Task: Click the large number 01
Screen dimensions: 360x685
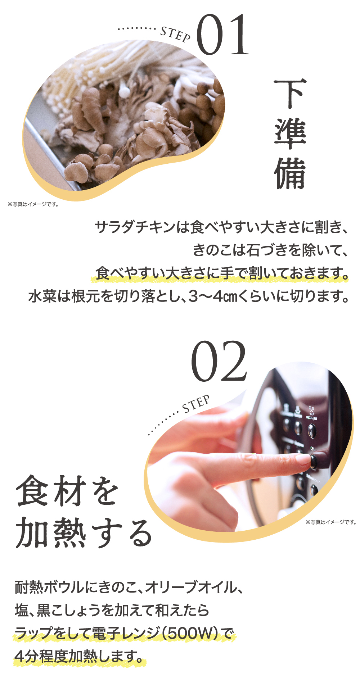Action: pos(223,35)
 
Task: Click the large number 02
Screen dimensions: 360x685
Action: pos(219,361)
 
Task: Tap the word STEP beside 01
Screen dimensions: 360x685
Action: pos(175,35)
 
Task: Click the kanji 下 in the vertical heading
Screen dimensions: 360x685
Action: pos(290,94)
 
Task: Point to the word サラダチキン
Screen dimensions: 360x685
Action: pos(135,227)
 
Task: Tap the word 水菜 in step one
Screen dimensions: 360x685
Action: pos(42,296)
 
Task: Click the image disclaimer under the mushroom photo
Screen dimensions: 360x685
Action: pos(33,204)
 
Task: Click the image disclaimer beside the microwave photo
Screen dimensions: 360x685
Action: pos(331,522)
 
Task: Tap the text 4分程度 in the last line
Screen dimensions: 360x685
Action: pos(41,656)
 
